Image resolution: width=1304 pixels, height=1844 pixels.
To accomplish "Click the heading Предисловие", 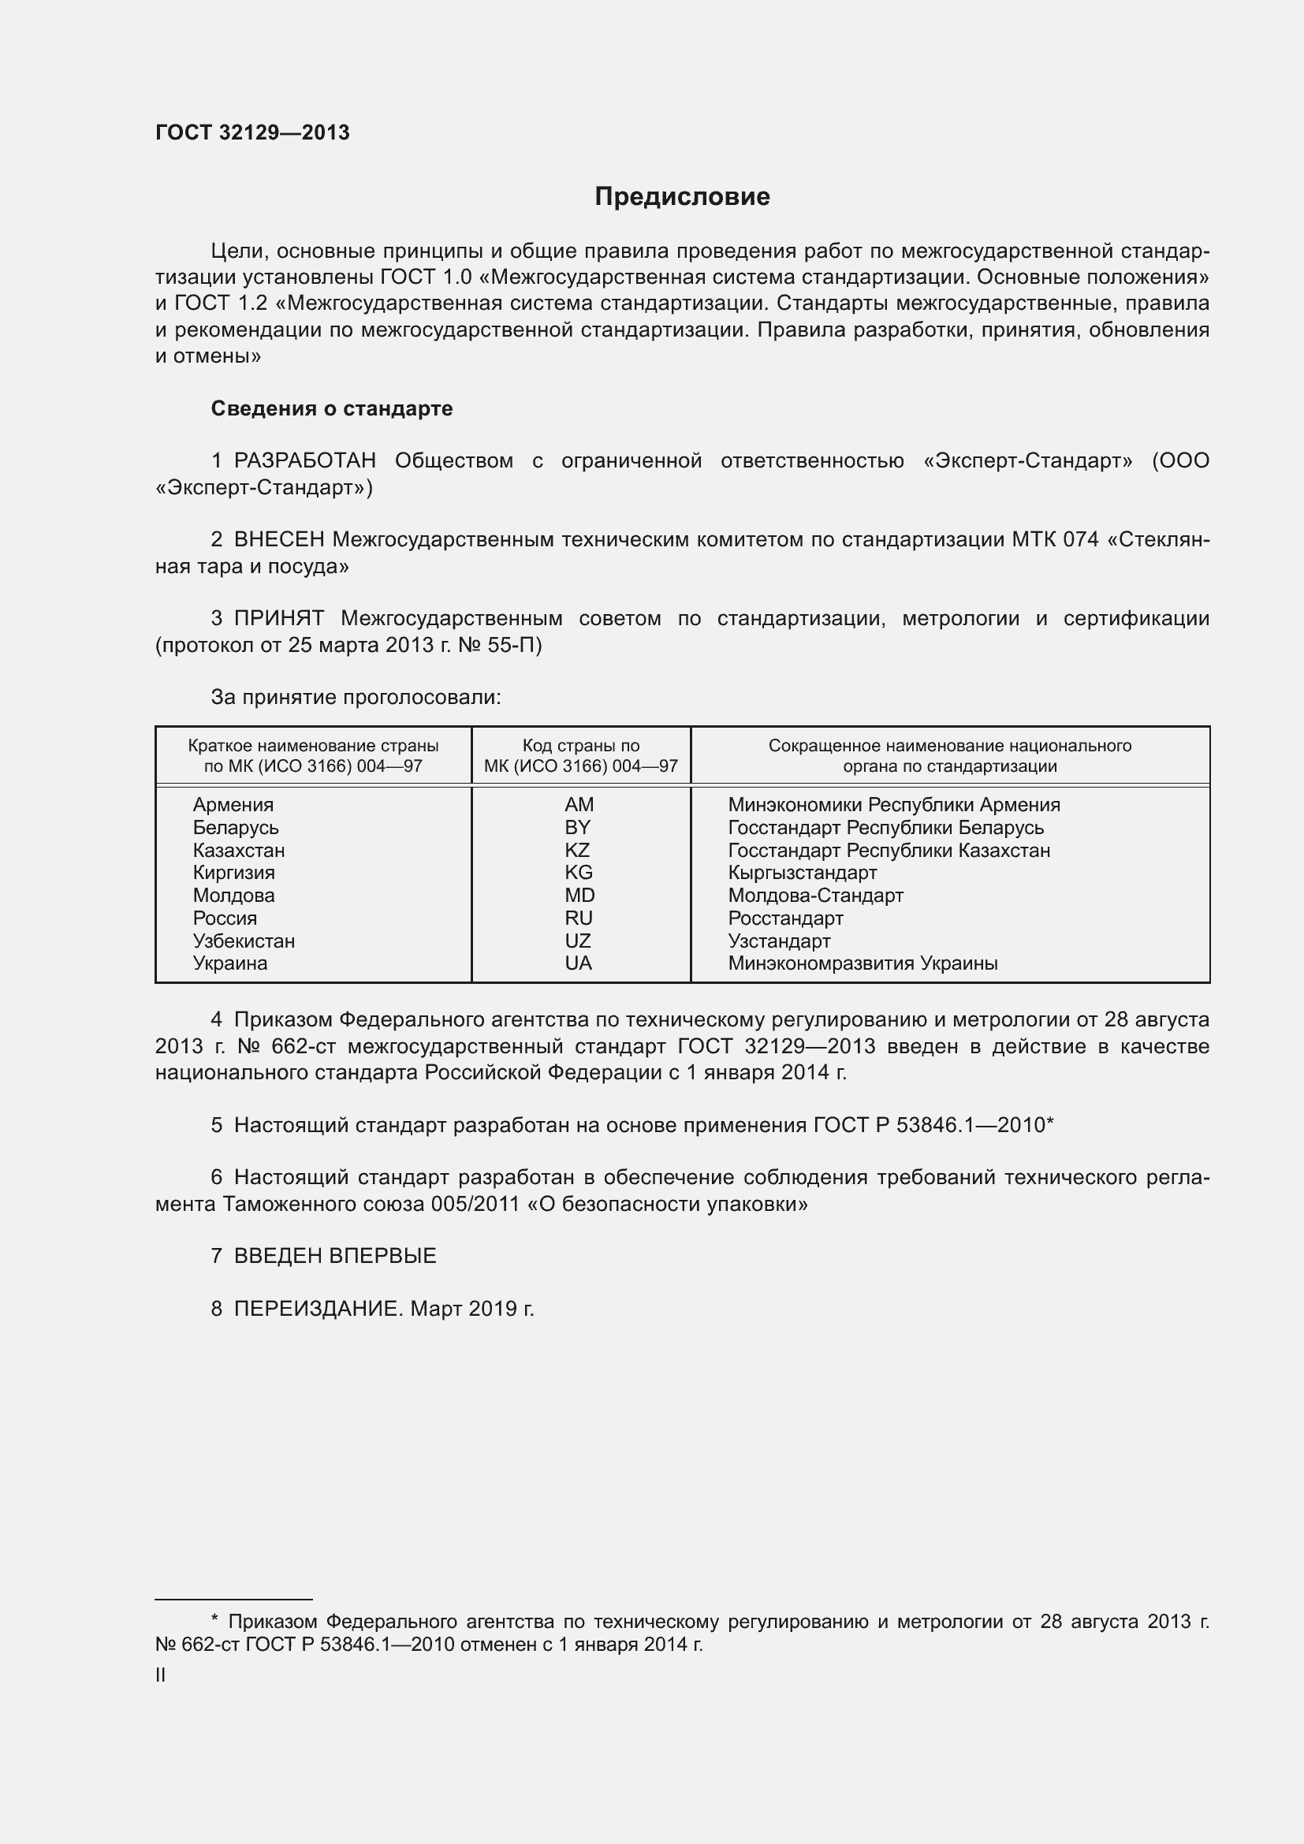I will pos(682,196).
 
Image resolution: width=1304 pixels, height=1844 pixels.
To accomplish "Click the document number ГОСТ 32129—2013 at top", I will pos(252,132).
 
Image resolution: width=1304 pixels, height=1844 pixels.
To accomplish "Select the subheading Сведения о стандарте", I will pos(332,408).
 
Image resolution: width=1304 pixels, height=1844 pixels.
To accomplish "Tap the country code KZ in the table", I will pos(577,850).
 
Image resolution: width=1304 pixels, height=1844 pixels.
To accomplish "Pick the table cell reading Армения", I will pos(233,804).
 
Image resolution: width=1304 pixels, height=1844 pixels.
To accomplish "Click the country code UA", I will pos(578,963).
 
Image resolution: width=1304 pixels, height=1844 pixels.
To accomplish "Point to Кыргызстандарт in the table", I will pos(802,872).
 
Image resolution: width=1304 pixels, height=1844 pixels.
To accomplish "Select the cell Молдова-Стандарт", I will pos(816,895).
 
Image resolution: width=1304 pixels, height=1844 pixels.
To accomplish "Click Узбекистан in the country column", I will pos(244,941).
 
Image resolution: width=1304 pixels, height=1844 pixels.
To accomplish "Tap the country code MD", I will pos(579,895).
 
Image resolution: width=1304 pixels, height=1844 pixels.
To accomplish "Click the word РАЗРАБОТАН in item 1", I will pos(305,460).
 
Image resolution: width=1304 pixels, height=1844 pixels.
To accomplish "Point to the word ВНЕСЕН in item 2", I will pos(279,539).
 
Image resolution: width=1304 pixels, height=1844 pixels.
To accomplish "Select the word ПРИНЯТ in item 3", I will pos(279,617).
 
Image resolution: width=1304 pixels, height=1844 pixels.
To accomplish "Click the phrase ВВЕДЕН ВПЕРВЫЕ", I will pos(335,1255).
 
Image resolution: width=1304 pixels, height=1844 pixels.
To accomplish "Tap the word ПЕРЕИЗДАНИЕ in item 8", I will pos(317,1309).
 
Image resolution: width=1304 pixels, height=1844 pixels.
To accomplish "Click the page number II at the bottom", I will pos(161,1675).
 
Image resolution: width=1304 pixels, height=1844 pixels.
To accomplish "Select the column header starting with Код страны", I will pos(580,755).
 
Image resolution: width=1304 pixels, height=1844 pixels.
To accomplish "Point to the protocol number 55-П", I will pos(514,645).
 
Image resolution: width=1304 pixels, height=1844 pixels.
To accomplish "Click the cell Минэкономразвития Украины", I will pos(863,963).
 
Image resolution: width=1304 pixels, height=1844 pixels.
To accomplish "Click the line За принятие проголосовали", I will pos(356,696).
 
